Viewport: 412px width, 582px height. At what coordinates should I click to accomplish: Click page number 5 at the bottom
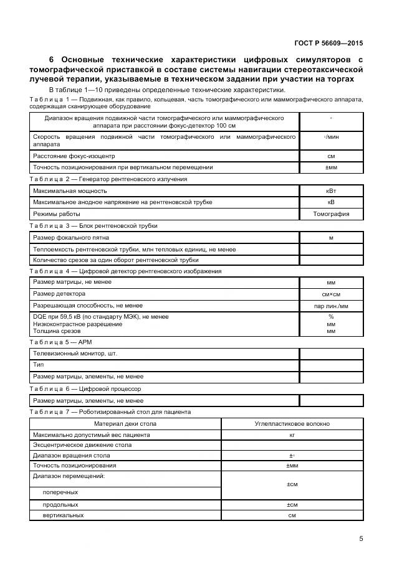tap(361, 539)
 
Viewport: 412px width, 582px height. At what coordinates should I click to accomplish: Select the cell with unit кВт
tap(330, 191)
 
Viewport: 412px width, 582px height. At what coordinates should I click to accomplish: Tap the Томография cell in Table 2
tap(330, 214)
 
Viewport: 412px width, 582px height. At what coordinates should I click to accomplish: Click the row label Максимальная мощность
tap(70, 191)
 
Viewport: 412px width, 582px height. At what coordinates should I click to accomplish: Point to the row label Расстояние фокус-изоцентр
tap(74, 156)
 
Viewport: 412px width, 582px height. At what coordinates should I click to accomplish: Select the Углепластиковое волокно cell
tap(292, 423)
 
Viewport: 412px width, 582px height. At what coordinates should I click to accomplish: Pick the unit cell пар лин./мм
tap(330, 306)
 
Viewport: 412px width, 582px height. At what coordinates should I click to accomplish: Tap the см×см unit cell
tap(330, 294)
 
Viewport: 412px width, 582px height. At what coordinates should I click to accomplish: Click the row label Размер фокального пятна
tap(71, 237)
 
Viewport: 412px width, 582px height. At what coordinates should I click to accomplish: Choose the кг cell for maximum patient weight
tap(292, 434)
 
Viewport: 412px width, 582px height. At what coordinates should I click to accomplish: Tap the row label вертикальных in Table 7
tap(63, 515)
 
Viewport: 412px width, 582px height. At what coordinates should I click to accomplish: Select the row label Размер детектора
tap(59, 294)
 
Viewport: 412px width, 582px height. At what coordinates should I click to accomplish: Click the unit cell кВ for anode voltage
tap(330, 202)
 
